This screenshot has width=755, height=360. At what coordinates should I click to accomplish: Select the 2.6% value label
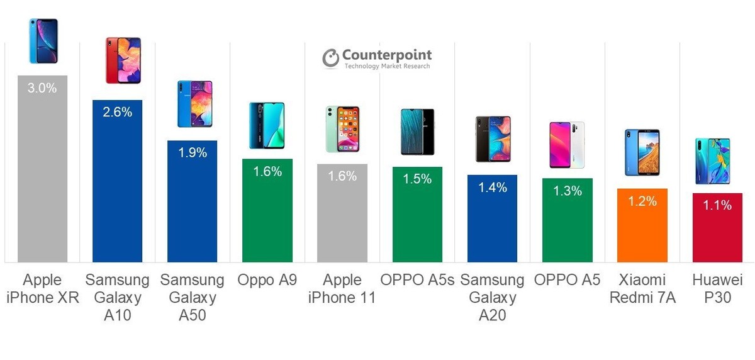117,113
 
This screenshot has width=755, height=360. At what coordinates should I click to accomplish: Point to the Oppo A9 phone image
267,126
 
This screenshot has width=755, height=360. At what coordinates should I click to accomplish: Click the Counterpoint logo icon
330,58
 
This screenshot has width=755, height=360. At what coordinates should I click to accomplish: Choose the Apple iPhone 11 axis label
342,288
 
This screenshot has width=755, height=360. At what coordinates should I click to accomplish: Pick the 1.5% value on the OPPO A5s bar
417,179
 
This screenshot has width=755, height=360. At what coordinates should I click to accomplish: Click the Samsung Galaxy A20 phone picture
492,139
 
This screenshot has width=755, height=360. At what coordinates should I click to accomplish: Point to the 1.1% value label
717,205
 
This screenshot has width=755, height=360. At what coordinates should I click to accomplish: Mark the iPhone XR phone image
43,41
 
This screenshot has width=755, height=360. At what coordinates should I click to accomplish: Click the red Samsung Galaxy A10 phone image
123,60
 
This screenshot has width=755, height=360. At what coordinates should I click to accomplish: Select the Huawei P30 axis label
717,288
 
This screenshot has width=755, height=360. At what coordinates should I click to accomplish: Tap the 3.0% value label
42,88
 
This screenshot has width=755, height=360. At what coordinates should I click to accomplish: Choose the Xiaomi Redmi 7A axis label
642,288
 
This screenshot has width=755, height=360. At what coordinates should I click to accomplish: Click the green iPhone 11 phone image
342,129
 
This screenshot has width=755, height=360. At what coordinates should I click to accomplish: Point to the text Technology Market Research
387,66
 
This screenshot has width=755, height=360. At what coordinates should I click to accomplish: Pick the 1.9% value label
192,153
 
